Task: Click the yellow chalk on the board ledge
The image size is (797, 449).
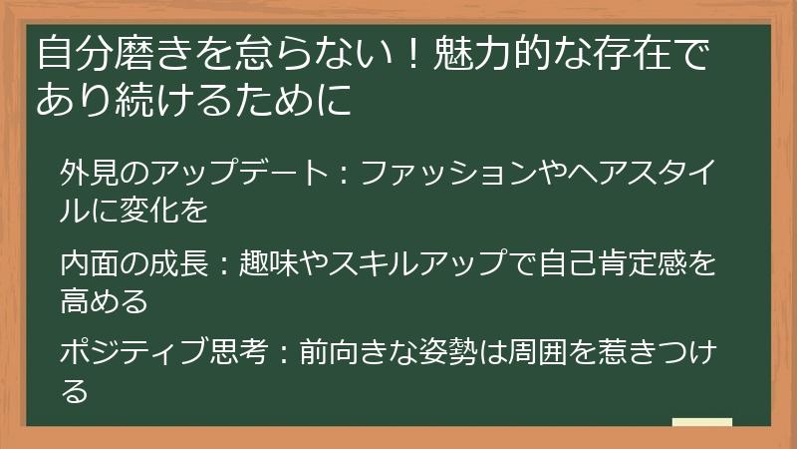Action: pyautogui.click(x=702, y=422)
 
